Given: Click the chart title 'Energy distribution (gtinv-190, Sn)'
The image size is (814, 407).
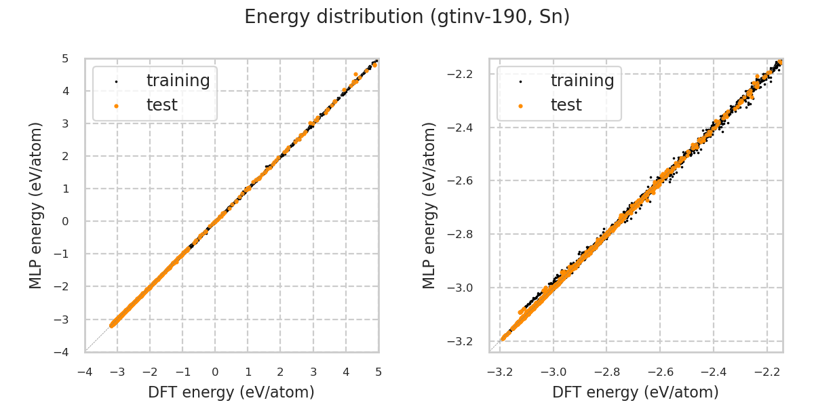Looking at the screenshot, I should tap(407, 17).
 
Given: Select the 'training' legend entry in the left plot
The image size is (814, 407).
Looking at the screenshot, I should tap(178, 81).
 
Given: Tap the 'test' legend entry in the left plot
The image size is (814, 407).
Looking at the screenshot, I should tap(161, 105).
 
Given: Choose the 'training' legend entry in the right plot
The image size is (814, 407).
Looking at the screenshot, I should tap(582, 81).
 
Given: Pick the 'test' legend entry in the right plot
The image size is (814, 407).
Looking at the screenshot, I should tap(566, 105).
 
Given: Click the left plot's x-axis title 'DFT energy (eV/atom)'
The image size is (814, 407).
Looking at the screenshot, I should tap(231, 392).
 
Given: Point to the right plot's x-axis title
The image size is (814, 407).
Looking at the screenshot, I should tap(636, 392).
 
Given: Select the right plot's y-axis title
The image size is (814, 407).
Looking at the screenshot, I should tap(429, 205).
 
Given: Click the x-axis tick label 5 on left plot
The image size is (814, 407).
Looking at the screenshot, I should tap(379, 372).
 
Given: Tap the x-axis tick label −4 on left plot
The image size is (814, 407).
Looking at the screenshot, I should tap(84, 372).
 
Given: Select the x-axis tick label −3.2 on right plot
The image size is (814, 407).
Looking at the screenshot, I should tap(499, 372).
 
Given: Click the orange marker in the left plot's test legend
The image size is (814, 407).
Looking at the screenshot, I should tap(116, 106).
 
